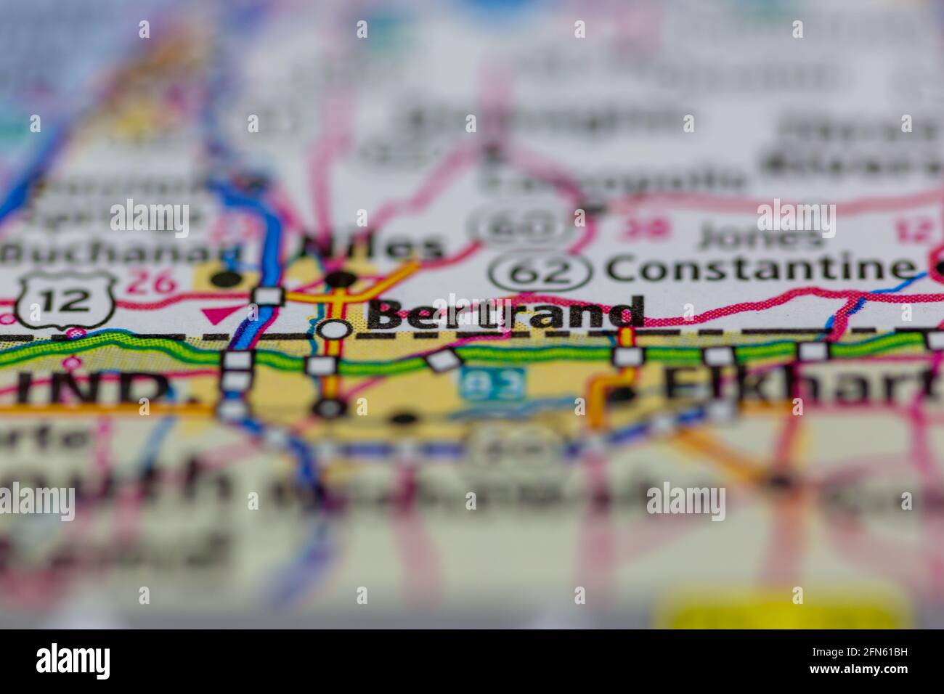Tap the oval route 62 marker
(x=539, y=271)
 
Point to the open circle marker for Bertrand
(x=335, y=329)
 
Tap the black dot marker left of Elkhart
(x=622, y=394)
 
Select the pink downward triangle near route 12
(x=213, y=314)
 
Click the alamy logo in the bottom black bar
(x=73, y=661)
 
